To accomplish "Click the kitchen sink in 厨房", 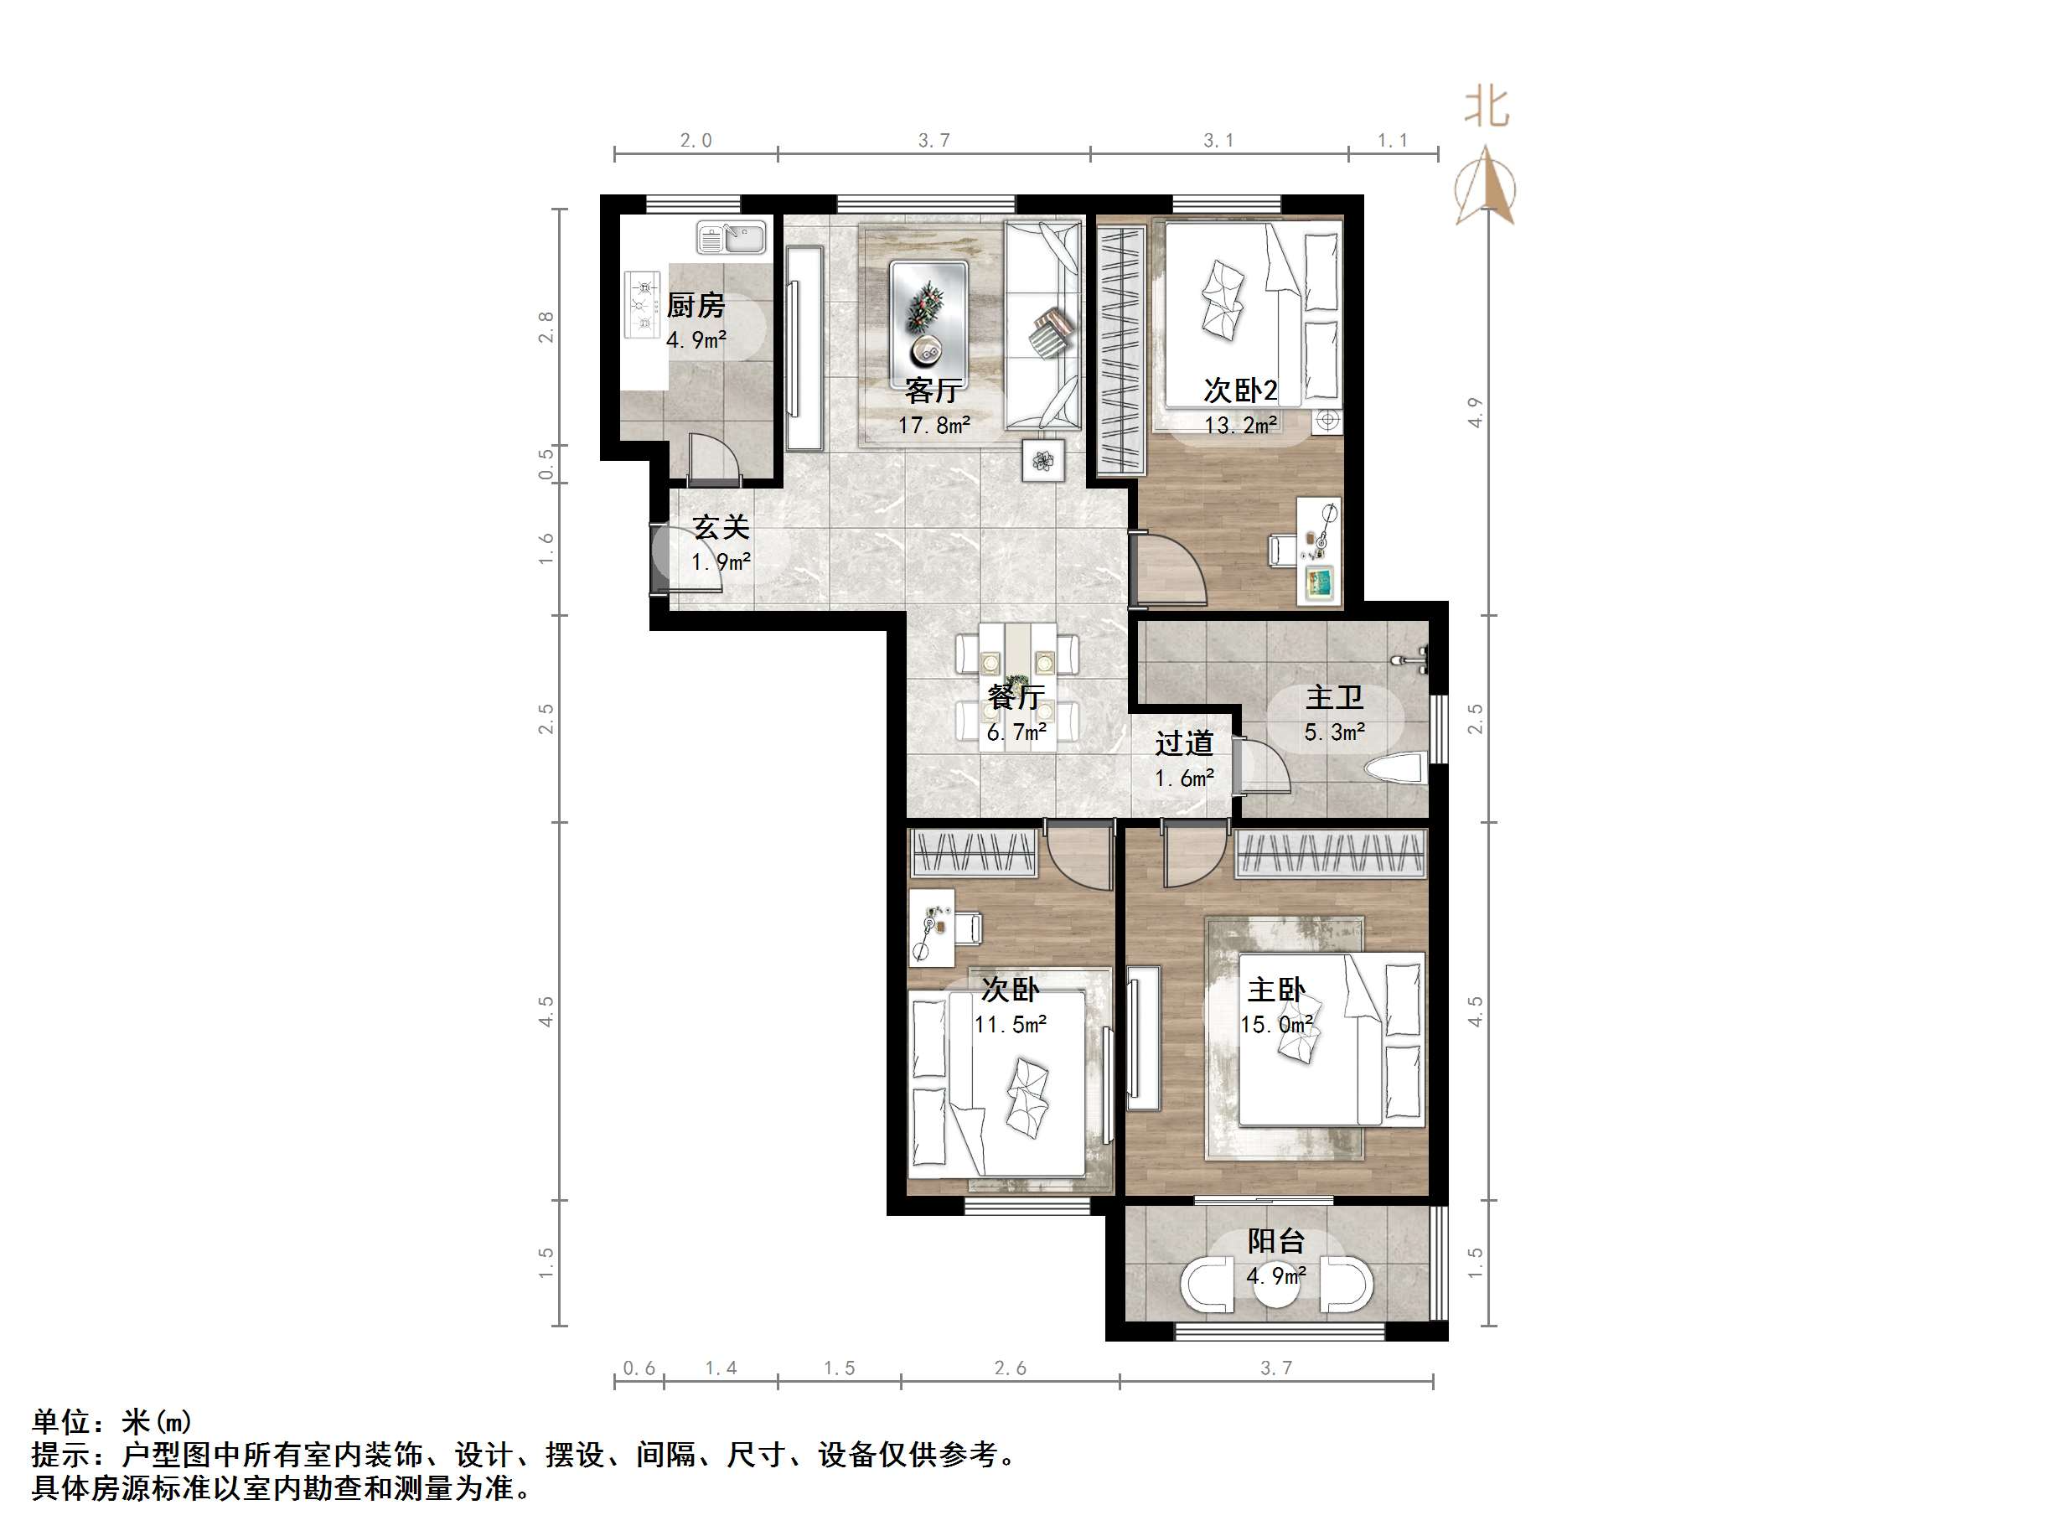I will point(731,238).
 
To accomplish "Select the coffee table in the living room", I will point(928,313).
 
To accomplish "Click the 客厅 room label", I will point(933,390).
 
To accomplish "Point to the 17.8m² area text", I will point(933,425).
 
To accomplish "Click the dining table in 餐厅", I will point(1016,685).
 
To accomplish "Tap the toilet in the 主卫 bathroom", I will point(1394,770).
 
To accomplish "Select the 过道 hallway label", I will point(1183,743).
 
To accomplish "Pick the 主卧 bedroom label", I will point(1276,990).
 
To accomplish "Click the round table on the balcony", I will point(1276,1288).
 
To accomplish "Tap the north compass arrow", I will point(1485,185).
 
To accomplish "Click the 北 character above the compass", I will point(1487,107).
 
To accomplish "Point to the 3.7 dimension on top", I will point(933,141).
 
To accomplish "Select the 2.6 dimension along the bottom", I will point(1009,1368).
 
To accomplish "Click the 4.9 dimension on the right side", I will point(1475,412).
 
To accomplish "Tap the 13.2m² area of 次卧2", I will point(1241,425).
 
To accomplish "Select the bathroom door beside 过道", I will point(1259,765).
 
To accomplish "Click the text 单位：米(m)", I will point(112,1421).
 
